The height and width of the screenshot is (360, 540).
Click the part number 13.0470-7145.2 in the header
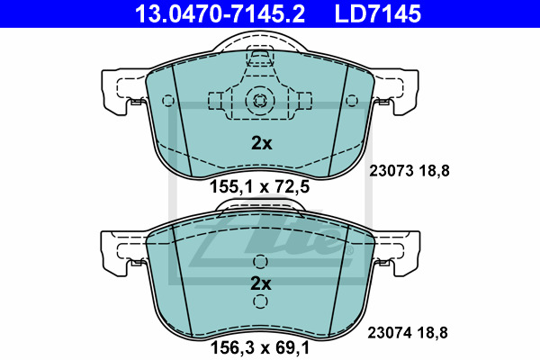pos(220,13)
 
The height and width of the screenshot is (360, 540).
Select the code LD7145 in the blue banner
pos(378,13)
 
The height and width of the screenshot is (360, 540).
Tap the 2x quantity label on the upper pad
pos(261,143)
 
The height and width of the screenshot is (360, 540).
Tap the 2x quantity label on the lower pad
pos(261,283)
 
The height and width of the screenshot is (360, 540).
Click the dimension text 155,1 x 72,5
pos(260,187)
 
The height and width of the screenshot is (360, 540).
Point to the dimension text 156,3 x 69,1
pos(260,348)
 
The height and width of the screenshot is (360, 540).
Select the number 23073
pos(391,171)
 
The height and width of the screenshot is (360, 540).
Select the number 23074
pos(390,333)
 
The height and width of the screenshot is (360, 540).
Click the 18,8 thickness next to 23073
pos(435,171)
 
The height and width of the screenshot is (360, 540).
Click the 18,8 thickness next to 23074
pos(433,333)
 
